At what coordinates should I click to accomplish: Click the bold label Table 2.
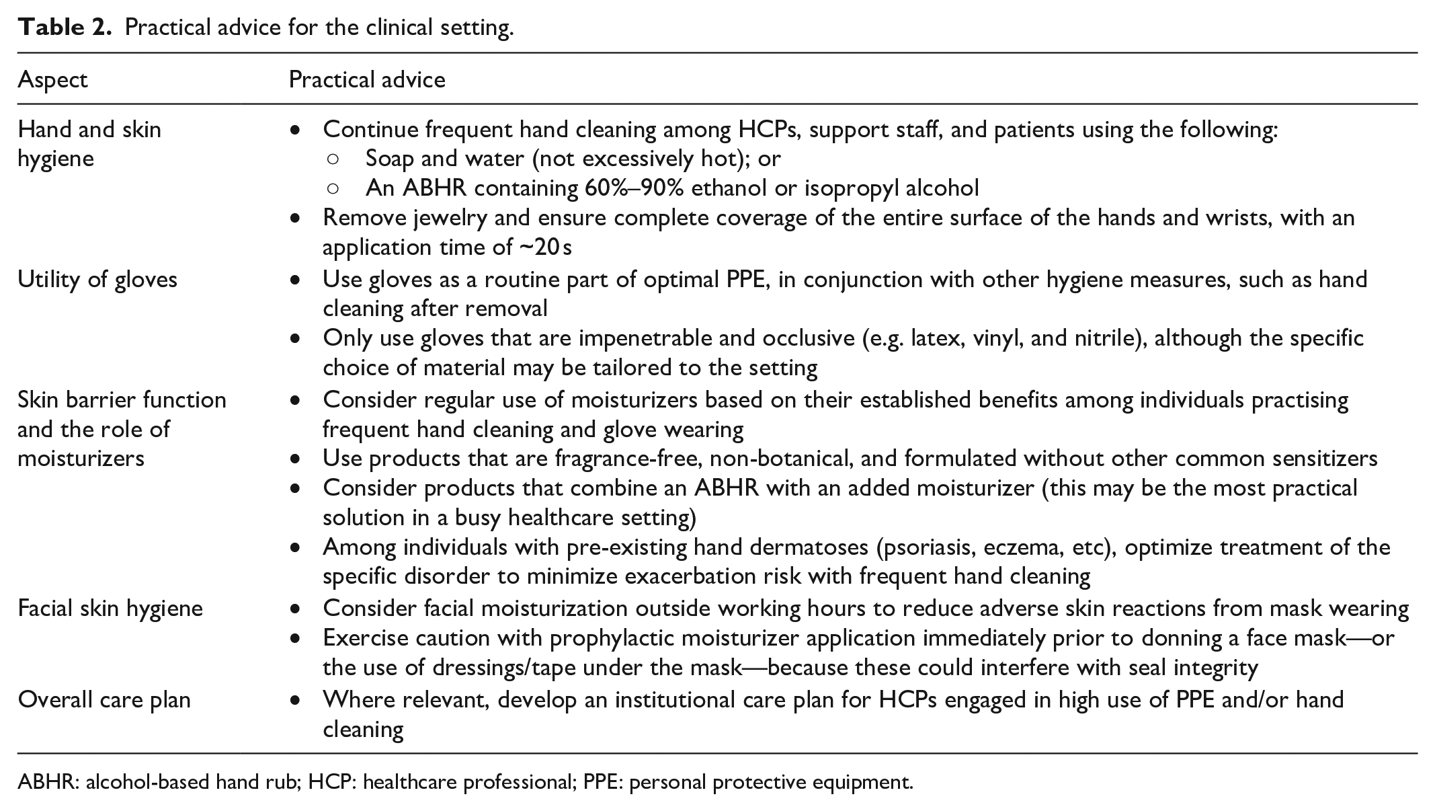coord(65,28)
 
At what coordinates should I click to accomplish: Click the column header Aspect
coord(52,79)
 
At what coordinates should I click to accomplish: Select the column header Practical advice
coord(367,79)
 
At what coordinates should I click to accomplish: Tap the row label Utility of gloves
coord(97,279)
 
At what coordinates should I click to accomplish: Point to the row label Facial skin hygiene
coord(110,608)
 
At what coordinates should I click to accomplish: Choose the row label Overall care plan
coord(104,699)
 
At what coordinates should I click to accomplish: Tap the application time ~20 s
coord(545,247)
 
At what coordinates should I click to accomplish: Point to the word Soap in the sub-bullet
coord(390,159)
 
